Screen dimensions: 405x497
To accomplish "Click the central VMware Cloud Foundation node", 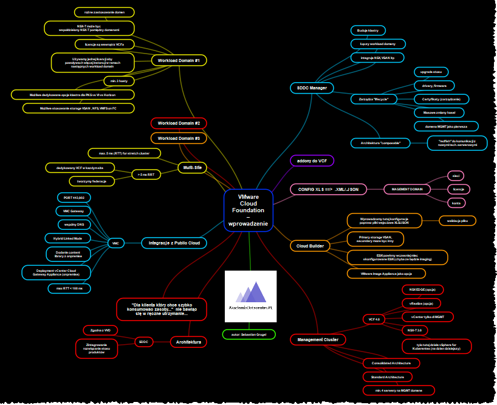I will (x=248, y=210).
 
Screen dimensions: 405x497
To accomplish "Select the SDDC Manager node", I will (x=312, y=88).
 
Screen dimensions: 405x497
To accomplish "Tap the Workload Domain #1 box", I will (x=179, y=60).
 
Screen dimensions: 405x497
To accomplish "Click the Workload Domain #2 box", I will (x=179, y=123).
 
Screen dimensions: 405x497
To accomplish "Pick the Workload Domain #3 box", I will (x=179, y=138).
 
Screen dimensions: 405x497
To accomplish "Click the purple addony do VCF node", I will (x=312, y=161).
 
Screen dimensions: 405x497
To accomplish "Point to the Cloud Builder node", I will (x=309, y=246).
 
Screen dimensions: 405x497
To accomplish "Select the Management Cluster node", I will (x=318, y=339).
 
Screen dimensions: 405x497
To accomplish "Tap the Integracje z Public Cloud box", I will (x=174, y=243).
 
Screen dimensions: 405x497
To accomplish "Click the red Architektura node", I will (x=188, y=342).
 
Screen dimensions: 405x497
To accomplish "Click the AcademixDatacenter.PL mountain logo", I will (x=250, y=296).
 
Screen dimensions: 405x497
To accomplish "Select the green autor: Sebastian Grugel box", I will (x=249, y=334).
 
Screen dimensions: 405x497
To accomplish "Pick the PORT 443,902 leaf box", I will (x=74, y=198).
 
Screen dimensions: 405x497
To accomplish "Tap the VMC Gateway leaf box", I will (x=74, y=211).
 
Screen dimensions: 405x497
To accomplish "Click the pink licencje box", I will (x=459, y=189).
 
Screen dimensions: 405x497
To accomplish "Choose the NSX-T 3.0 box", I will (x=416, y=330).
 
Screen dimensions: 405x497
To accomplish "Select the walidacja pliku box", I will (x=457, y=221).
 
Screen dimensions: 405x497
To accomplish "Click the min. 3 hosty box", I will (x=118, y=81).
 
